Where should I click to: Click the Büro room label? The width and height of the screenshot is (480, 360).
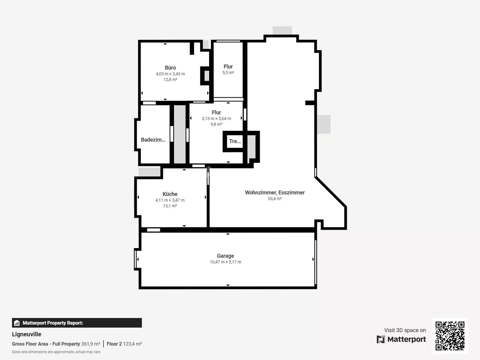click(170, 68)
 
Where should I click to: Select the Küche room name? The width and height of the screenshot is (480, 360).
click(170, 194)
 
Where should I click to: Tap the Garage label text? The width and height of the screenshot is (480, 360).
click(226, 256)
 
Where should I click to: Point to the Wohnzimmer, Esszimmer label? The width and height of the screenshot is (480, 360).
click(275, 193)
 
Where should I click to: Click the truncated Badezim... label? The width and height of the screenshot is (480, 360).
click(153, 140)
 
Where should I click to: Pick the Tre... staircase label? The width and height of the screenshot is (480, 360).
click(235, 141)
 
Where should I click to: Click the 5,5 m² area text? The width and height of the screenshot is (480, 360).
click(228, 73)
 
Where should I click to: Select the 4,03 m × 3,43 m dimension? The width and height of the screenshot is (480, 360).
click(170, 74)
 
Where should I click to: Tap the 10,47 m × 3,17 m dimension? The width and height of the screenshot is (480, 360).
click(226, 262)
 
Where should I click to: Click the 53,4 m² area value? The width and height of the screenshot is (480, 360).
click(275, 199)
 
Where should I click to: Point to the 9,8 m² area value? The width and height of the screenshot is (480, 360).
click(216, 124)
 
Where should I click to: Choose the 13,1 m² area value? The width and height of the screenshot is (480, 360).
click(170, 206)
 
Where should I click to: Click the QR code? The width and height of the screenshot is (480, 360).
click(450, 336)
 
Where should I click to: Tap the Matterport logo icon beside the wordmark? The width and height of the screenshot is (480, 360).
click(381, 339)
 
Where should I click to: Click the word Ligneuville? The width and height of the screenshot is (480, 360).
click(26, 334)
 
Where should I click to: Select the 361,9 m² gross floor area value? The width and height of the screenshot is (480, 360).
click(91, 344)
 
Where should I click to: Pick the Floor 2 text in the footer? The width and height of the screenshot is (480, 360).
click(114, 344)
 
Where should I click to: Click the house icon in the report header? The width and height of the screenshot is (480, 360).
click(17, 323)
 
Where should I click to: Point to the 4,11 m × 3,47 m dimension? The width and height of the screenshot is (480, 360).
click(170, 200)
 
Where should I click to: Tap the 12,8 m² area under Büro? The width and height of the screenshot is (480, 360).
click(170, 79)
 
